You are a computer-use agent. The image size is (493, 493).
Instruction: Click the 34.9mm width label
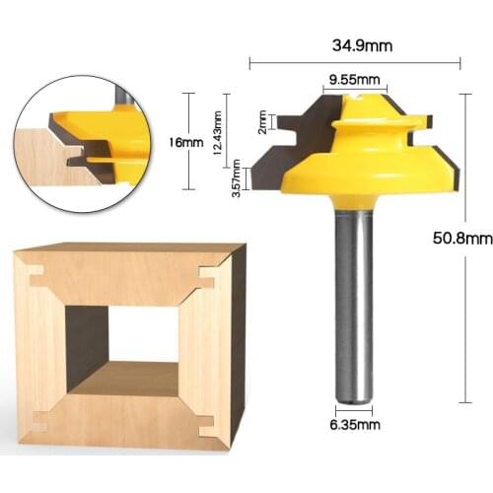click(354, 46)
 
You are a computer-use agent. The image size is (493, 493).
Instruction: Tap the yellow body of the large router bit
click(345, 163)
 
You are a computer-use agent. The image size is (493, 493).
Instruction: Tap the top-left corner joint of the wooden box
click(35, 280)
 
